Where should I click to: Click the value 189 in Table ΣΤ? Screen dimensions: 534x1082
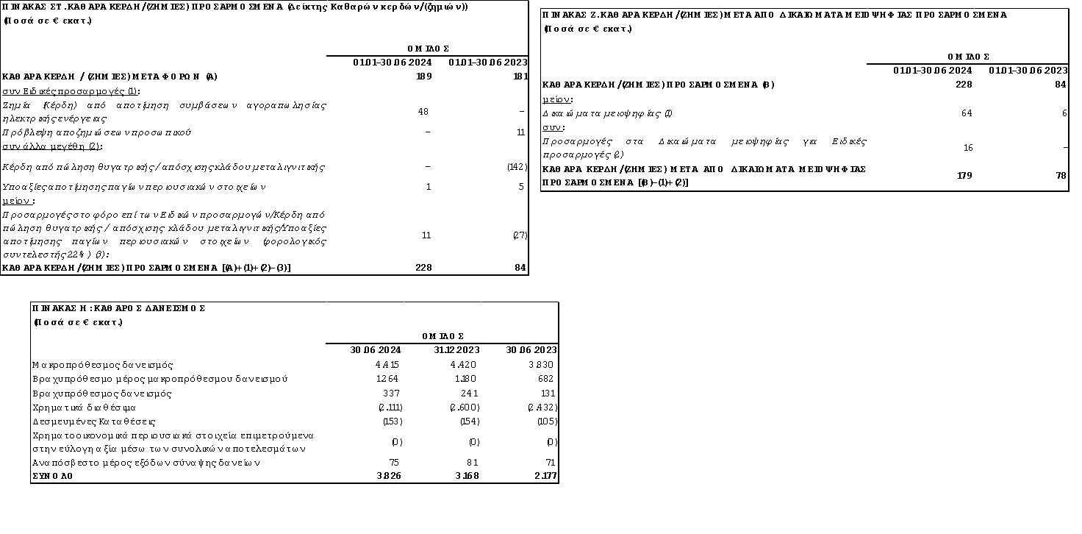coord(423,76)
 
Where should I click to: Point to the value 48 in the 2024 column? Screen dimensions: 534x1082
coord(423,112)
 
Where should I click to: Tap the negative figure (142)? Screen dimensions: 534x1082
coord(517,168)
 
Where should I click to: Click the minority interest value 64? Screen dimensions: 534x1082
coord(967,113)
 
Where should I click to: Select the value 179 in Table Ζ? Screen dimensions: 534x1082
coord(964,175)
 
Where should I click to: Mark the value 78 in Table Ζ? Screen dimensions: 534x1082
coord(1061,175)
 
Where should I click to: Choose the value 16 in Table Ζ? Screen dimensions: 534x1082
coord(967,148)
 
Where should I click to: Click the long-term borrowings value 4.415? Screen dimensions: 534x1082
coord(387,365)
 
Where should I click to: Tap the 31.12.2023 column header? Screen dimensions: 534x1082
coord(456,350)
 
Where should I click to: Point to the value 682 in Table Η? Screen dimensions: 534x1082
coord(547,379)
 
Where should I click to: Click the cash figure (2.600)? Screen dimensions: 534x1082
coord(464,407)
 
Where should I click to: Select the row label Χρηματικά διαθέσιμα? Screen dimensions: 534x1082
coord(84,407)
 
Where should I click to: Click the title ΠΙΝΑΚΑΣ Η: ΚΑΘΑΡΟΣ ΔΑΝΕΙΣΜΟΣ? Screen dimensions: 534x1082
coord(118,308)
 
